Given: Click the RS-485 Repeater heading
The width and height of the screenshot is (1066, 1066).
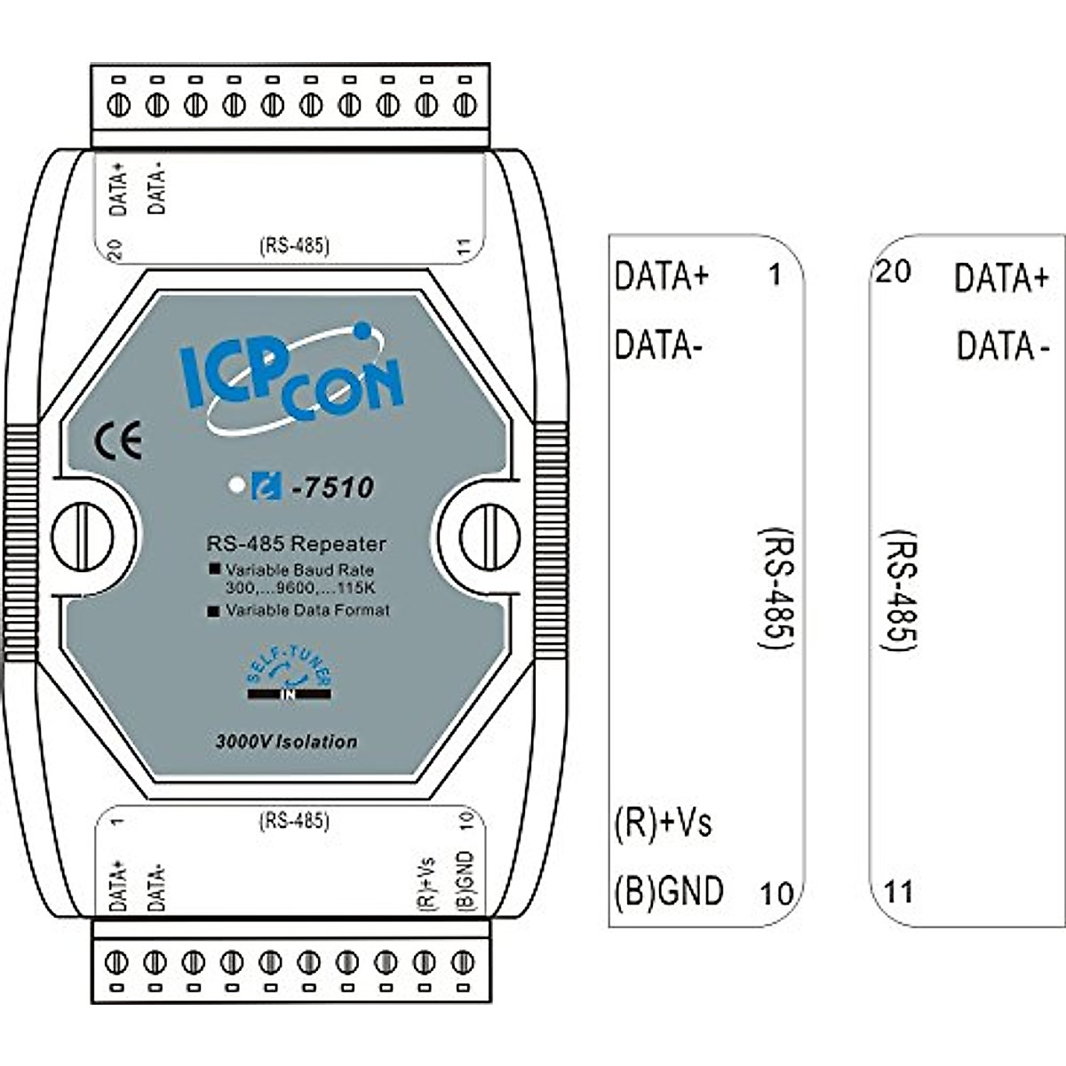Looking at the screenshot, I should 296,544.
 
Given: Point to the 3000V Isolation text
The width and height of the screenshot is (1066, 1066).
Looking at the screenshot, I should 286,742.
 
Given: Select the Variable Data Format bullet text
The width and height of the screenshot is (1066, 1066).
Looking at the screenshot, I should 306,611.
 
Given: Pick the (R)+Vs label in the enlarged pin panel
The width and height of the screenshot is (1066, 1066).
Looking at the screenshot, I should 663,823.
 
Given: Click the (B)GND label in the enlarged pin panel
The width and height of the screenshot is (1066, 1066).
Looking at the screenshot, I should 669,890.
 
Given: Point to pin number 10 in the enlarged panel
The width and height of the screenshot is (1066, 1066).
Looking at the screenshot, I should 776,893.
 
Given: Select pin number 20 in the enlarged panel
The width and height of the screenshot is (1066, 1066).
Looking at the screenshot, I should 893,272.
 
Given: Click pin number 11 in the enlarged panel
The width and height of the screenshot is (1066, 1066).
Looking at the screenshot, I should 898,891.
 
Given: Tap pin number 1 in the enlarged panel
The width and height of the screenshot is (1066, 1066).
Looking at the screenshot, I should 775,275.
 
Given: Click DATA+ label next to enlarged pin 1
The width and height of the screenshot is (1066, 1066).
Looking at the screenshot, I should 662,276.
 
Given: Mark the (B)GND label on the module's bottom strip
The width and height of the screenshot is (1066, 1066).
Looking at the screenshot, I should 465,880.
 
